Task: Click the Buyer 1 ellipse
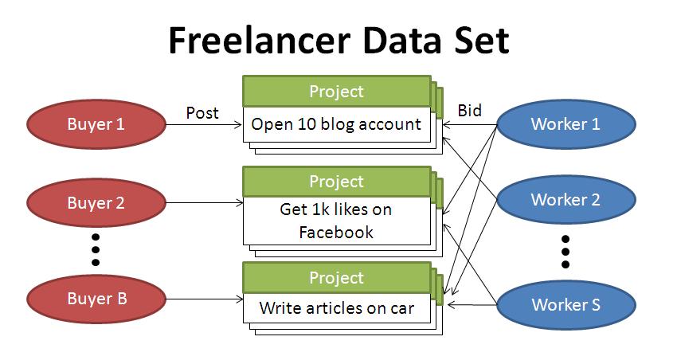point(96,124)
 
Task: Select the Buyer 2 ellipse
point(96,202)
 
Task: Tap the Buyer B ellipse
point(96,299)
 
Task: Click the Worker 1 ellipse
point(566,124)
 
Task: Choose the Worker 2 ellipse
point(566,199)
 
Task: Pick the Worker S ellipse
point(566,305)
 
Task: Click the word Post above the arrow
point(202,113)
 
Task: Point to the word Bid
point(469,111)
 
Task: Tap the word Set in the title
point(482,40)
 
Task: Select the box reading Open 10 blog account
point(337,124)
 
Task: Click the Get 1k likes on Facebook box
point(337,221)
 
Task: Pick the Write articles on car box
point(337,307)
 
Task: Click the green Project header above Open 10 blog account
point(337,91)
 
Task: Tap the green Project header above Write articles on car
point(337,277)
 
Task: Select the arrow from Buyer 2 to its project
point(204,202)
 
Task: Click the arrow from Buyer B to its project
point(204,299)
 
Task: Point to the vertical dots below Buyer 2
point(96,249)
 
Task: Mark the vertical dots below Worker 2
point(565,252)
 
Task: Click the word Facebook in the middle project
point(336,233)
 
